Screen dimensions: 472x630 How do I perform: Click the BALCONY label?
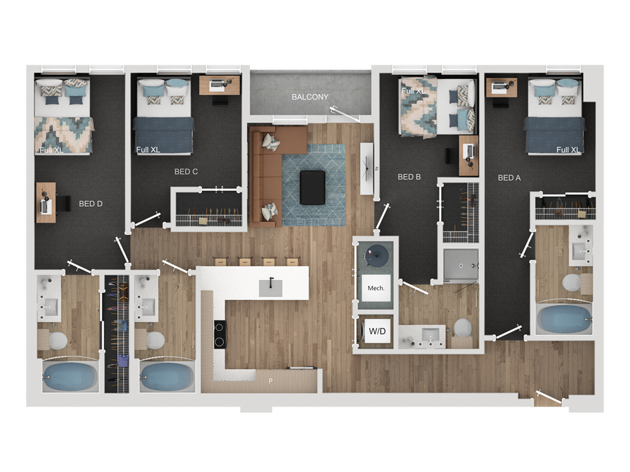(x=310, y=97)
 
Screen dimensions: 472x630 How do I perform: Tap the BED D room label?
(x=91, y=204)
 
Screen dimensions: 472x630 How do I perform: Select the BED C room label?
(x=186, y=172)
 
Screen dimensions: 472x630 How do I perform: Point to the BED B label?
(x=409, y=177)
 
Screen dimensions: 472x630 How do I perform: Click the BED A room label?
(x=509, y=178)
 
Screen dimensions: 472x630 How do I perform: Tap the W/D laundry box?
(x=377, y=331)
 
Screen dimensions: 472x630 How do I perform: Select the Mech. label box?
(x=376, y=288)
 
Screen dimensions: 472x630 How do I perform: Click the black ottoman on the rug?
(x=312, y=187)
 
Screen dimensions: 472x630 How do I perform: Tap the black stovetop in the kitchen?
(x=220, y=334)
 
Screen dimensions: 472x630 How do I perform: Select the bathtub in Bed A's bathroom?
(x=563, y=319)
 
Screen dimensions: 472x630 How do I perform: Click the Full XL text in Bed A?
(x=568, y=150)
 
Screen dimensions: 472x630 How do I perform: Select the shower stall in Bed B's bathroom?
(x=460, y=266)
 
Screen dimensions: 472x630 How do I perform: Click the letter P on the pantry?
(x=270, y=381)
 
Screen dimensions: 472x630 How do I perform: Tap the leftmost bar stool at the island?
(x=220, y=262)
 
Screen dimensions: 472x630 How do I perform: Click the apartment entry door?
(x=548, y=399)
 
